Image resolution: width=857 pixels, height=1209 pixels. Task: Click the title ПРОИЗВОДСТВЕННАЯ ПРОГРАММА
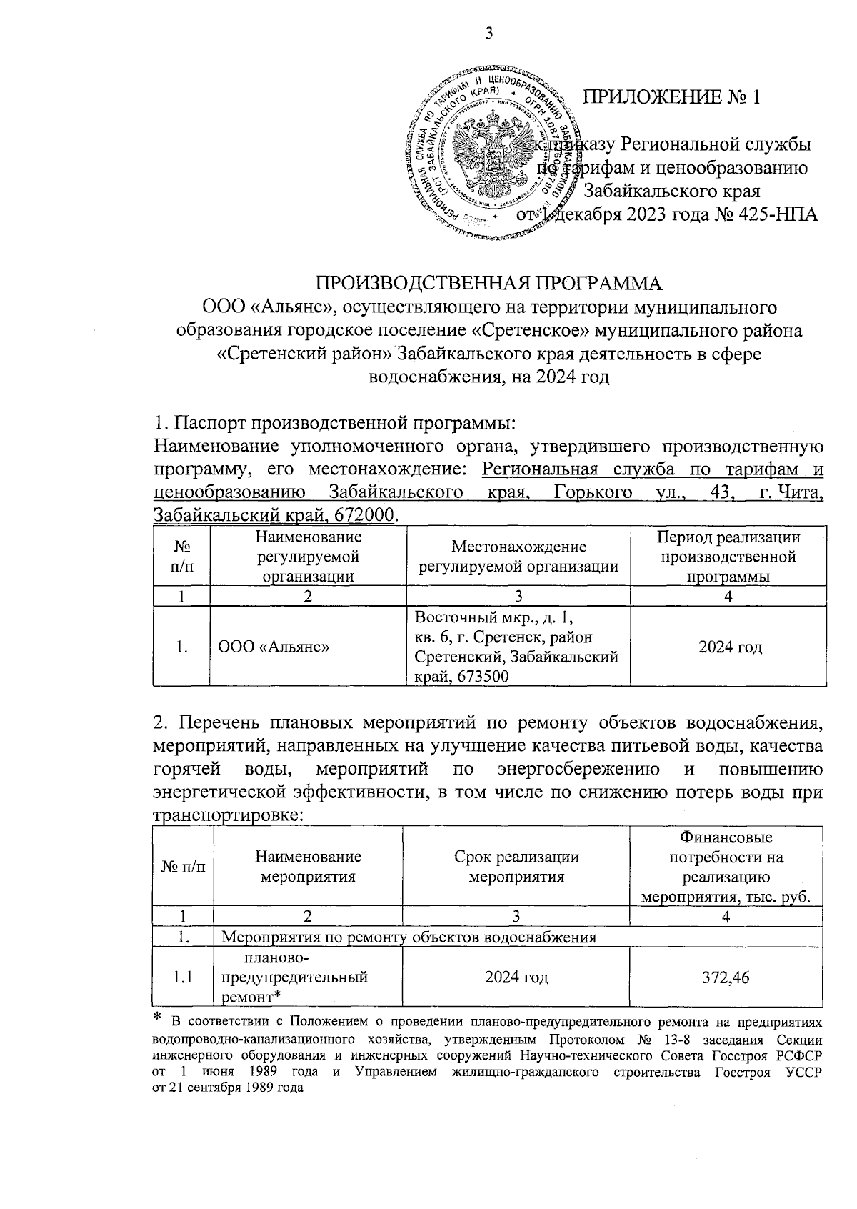pyautogui.click(x=488, y=282)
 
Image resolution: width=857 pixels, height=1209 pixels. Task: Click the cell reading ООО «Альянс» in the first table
pyautogui.click(x=274, y=647)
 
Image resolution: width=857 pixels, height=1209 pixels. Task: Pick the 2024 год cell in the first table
pyautogui.click(x=729, y=647)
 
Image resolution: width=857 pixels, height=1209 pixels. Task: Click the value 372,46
pyautogui.click(x=725, y=977)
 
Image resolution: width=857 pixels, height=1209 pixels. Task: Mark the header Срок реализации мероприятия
pyautogui.click(x=516, y=867)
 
